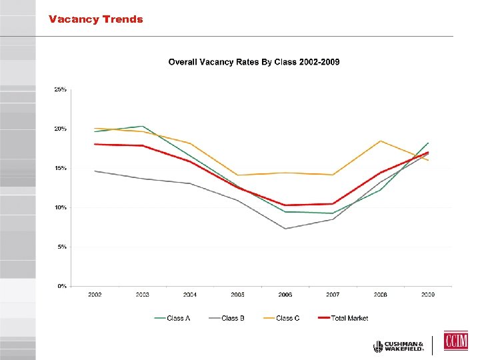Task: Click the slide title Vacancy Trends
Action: (x=95, y=19)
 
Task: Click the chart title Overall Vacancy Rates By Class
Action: (x=253, y=62)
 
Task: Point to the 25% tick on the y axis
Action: (x=60, y=89)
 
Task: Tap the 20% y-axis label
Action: (x=60, y=129)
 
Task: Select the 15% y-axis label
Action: (x=60, y=168)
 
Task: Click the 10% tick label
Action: (x=60, y=207)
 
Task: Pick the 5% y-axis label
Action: (x=61, y=247)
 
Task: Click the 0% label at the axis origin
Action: (x=61, y=286)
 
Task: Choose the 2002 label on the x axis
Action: (x=95, y=295)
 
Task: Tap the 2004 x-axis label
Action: (x=190, y=295)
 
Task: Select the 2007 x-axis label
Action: (x=332, y=295)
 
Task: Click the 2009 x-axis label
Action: (x=427, y=295)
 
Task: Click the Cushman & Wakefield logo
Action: (x=399, y=346)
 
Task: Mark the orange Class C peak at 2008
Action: (x=380, y=141)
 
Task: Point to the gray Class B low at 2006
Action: (x=285, y=229)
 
